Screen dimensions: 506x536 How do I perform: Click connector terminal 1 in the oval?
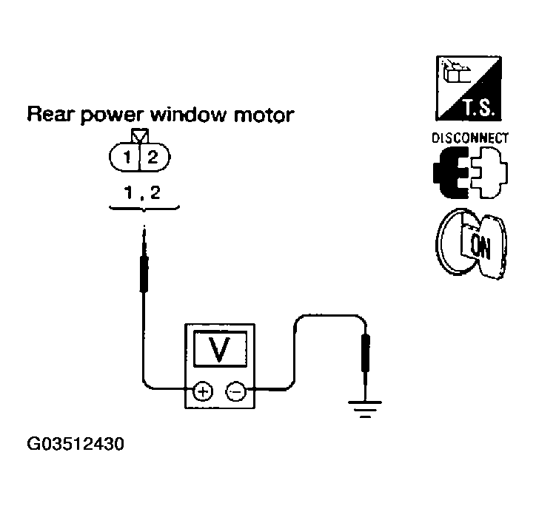point(127,157)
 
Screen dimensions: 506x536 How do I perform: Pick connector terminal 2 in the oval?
point(153,157)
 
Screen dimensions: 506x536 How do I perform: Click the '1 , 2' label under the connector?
point(142,194)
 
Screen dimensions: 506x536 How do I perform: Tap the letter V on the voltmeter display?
point(220,349)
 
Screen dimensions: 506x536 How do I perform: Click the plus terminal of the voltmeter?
point(201,390)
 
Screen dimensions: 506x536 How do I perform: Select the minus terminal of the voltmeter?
point(235,390)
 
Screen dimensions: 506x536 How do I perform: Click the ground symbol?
point(364,408)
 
